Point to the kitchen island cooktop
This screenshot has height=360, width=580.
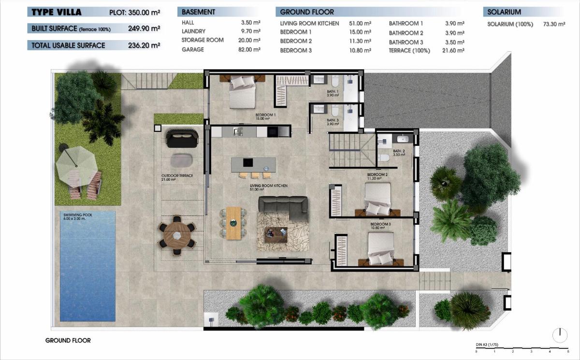(247, 162)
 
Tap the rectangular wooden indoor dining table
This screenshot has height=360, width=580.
(233, 222)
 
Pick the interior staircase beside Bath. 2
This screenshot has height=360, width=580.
(352, 150)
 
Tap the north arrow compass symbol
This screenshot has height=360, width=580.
(560, 334)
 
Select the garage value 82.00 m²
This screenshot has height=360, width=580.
(250, 50)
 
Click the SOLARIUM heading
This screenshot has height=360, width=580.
(504, 12)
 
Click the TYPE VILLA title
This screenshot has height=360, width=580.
(57, 12)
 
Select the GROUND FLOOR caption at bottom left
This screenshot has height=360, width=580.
(68, 340)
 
